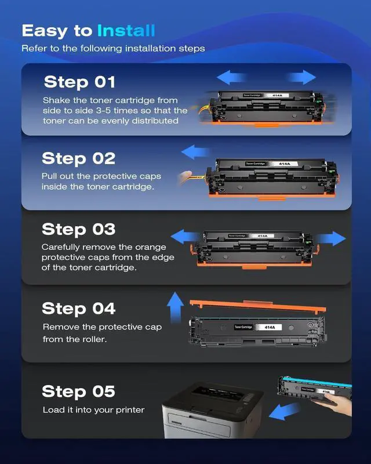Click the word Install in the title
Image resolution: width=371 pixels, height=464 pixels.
pos(126,31)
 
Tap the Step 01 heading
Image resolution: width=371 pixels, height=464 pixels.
pos(79,82)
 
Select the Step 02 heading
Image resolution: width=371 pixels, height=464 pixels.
pos(78,158)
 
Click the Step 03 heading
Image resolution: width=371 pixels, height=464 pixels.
pos(78,229)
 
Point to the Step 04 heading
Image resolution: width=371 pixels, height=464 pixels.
pos(78,309)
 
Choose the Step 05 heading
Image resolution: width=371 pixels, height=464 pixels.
pos(78,391)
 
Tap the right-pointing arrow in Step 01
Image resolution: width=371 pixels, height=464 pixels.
pos(301,77)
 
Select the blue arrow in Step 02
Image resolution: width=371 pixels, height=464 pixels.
pos(195,152)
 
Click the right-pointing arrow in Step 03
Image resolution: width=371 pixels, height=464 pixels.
pos(330,238)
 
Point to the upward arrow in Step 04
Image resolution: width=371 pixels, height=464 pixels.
pos(175,307)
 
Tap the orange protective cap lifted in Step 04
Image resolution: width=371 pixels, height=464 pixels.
pos(258,306)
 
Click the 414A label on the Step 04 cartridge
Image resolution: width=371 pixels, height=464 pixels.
pos(270,327)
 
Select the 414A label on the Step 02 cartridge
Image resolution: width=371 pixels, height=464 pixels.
pos(284,164)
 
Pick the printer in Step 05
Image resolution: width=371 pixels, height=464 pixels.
pos(212,410)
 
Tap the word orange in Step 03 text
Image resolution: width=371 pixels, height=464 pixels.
pos(151,248)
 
